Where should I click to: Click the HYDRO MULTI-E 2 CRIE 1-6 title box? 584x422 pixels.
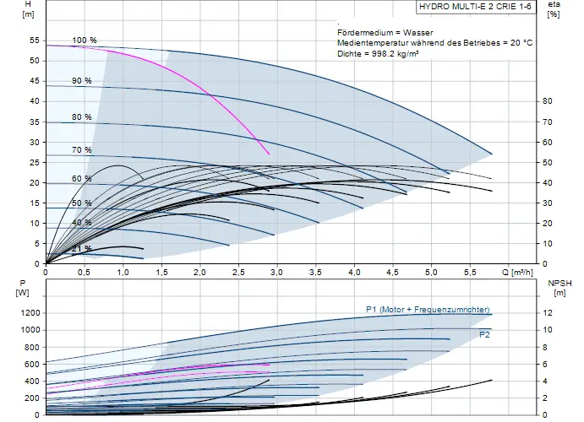point(476,7)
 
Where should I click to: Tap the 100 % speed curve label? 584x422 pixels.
point(85,41)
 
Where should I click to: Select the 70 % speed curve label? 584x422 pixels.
point(82,150)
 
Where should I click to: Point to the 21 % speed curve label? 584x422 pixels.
point(82,248)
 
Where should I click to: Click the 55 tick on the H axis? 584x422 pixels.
point(35,41)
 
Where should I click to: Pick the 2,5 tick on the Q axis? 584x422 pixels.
point(238,272)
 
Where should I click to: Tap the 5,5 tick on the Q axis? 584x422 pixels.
point(470,272)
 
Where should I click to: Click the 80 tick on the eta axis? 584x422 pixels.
point(547,101)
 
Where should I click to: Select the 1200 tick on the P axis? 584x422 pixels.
point(30,312)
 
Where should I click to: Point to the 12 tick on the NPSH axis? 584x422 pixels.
point(544,312)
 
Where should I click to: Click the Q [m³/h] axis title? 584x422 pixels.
point(517,272)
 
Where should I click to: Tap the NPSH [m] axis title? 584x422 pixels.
point(559,288)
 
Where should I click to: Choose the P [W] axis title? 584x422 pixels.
point(22,288)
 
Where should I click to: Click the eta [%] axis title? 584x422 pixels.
point(554,9)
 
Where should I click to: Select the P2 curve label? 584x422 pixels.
point(484,334)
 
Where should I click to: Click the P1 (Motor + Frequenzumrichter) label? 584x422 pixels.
point(428,310)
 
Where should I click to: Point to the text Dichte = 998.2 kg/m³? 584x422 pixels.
point(378,53)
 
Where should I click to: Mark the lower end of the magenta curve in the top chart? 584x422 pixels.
point(269,154)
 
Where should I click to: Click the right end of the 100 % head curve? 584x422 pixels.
point(492,154)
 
